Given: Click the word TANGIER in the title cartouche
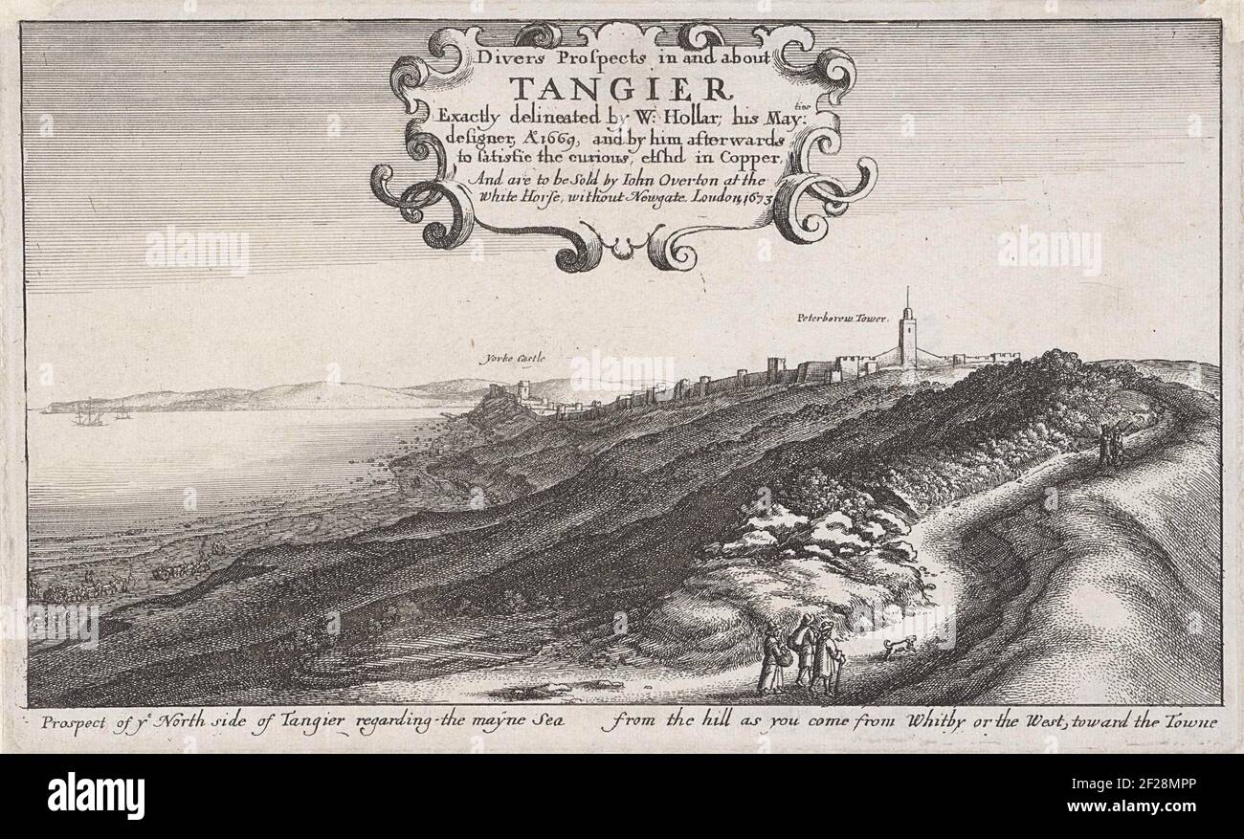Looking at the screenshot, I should coord(618,89).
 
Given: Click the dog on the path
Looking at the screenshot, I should coord(898,649).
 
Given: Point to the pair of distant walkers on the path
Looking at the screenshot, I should coord(1110,445).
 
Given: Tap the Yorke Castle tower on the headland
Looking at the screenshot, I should coord(522,391).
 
